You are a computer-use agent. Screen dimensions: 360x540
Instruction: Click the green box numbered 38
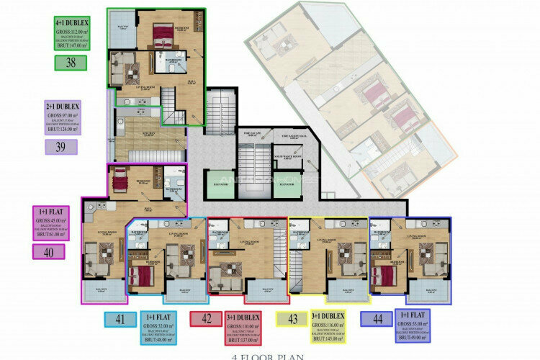coord(71,63)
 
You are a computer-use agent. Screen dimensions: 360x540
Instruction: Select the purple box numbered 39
coord(61,147)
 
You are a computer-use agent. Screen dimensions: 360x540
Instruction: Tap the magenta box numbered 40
coord(49,251)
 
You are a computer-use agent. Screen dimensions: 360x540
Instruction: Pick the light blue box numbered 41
coord(121,318)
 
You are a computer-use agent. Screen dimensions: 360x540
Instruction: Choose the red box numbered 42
coord(206,318)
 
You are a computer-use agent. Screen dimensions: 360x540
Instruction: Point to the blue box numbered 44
coord(377,318)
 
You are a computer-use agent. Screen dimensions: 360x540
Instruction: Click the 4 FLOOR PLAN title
coord(270,356)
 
